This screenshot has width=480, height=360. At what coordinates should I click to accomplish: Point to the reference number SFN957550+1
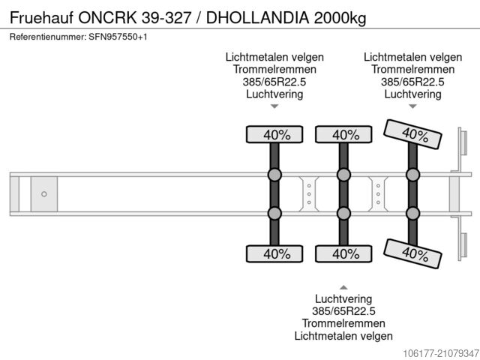[115, 37]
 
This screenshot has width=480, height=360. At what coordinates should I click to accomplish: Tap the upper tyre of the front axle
[274, 135]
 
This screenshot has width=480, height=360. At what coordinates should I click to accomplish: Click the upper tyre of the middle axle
[343, 135]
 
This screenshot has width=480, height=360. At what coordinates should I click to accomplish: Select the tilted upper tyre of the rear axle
[412, 135]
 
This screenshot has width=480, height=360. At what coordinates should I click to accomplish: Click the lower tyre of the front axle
[274, 253]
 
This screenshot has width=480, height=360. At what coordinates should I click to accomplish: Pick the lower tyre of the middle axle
[343, 253]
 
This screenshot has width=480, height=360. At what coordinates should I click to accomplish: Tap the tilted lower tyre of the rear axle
[412, 253]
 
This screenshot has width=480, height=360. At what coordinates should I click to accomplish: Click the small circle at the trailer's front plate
[44, 194]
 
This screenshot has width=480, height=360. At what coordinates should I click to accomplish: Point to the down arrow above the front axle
[274, 108]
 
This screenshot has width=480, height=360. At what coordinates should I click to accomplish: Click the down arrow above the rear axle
[412, 108]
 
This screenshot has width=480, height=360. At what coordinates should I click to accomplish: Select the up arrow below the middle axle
[343, 286]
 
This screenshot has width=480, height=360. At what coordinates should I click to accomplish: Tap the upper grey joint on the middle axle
[343, 175]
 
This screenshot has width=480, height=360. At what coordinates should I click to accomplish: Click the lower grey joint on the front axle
[274, 213]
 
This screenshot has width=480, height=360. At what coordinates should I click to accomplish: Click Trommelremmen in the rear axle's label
[412, 70]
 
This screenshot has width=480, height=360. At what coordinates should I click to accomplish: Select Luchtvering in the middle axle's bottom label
[343, 298]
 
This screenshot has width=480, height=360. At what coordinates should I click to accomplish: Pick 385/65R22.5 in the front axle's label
[274, 82]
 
